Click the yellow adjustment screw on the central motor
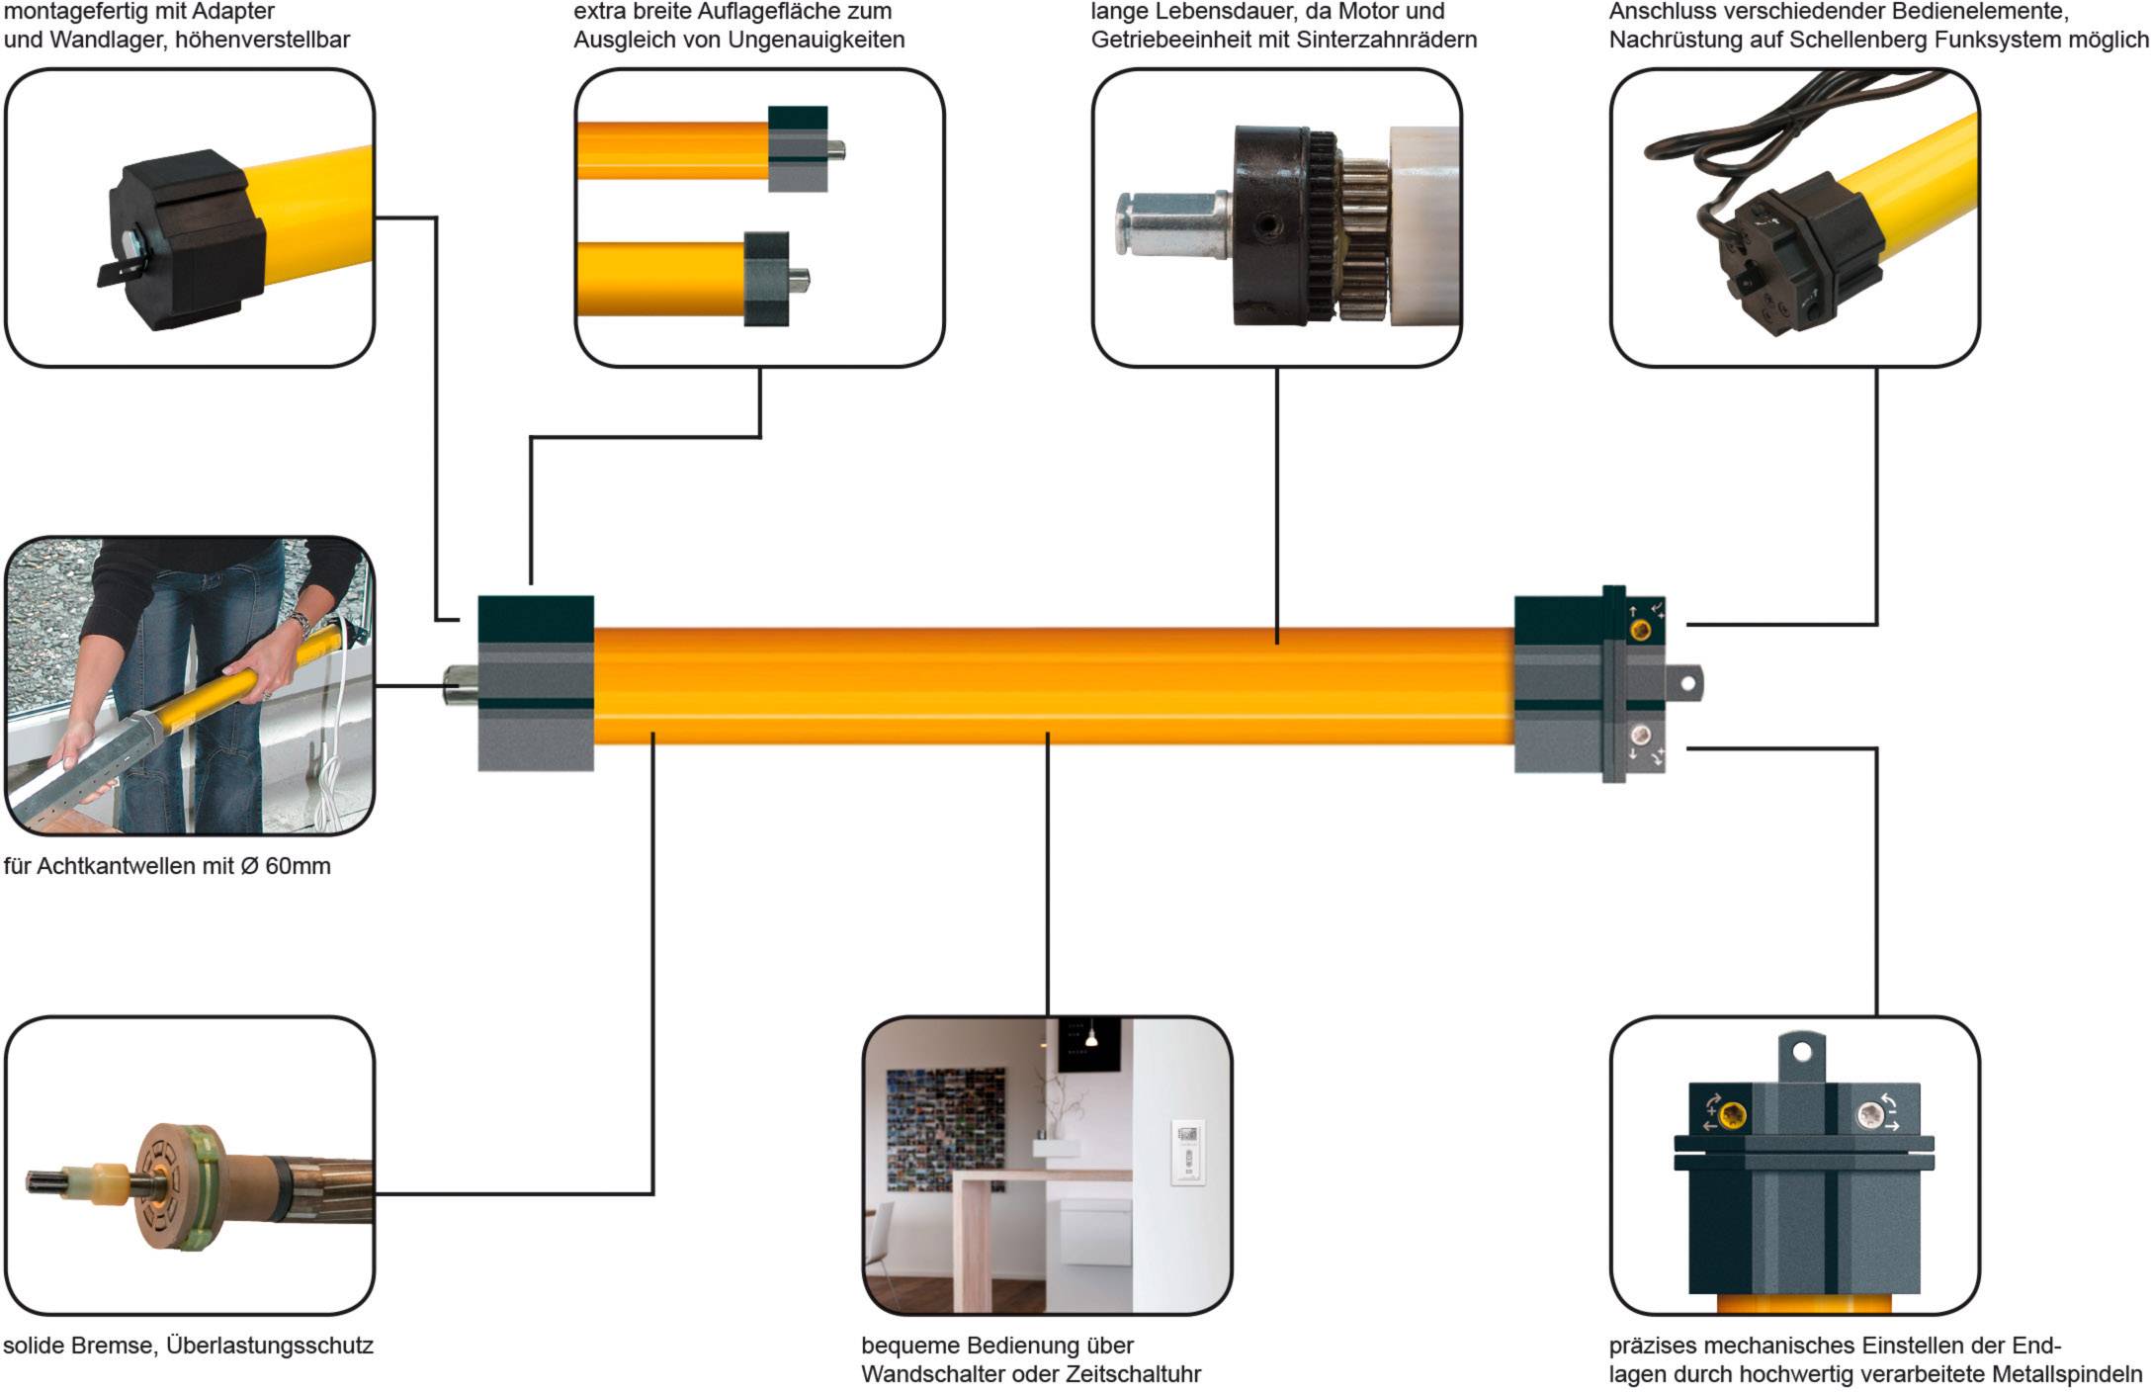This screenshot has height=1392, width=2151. coord(1639,630)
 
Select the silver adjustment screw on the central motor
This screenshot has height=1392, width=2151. coord(1640,735)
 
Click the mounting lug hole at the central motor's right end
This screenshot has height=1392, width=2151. coord(1688,683)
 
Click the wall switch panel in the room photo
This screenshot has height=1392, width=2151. coord(1188,1151)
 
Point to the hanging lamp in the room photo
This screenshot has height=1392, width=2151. coord(1091,1038)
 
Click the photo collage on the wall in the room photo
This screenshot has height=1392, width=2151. coord(944,1127)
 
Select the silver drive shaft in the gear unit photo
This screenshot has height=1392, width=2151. coord(1171,223)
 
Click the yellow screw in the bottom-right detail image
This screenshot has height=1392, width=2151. coord(1731,1116)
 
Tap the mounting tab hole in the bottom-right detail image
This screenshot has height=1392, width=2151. coord(1801,1051)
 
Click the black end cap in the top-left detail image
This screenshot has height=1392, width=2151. coord(188,237)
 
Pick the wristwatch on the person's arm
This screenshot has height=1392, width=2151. coord(300,624)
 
